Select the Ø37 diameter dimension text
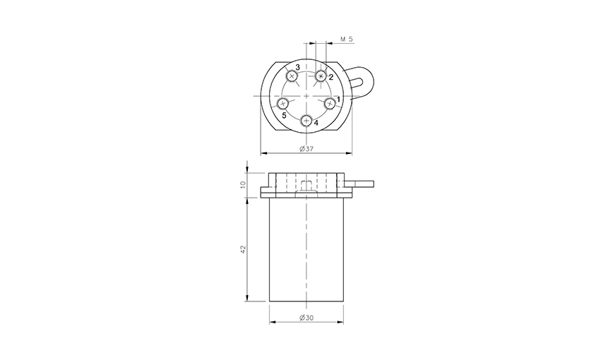pos(306,148)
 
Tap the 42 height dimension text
pos(243,249)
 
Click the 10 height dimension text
pos(243,184)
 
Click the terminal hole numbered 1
pos(330,103)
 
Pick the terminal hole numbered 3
pos(292,76)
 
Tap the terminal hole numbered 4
pos(306,121)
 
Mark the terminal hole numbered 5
pos(283,104)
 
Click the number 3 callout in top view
pos(298,67)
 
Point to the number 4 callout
pos(316,123)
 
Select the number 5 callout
pos(284,114)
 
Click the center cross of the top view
pos(306,95)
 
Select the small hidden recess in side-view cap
pos(306,186)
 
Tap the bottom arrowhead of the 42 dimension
pos(247,299)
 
